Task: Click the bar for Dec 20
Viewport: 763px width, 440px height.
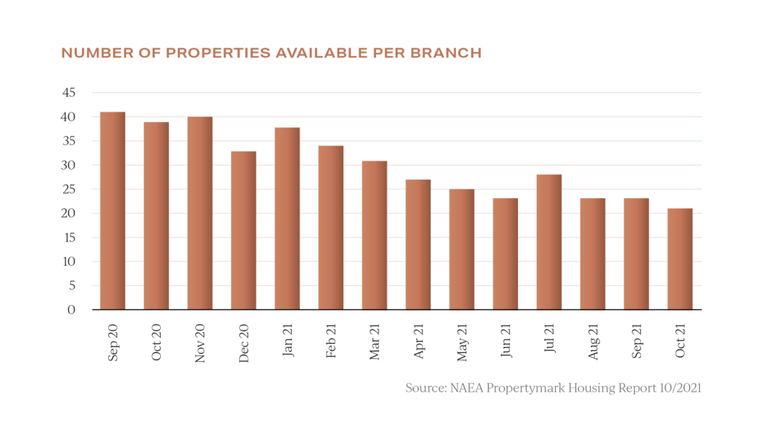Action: point(244,230)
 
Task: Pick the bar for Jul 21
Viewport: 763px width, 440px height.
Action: point(549,242)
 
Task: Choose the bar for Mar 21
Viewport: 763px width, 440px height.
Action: point(374,235)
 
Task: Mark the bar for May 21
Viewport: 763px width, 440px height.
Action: point(461,249)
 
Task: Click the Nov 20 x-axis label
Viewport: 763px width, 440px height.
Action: point(200,342)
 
